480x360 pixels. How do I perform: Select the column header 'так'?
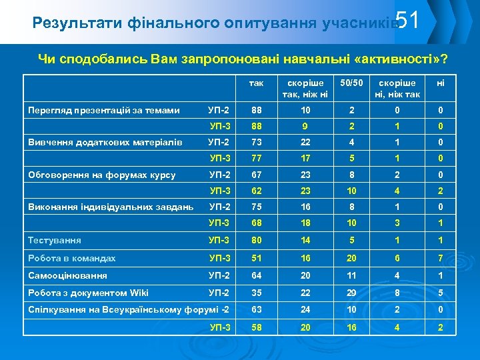coord(256,83)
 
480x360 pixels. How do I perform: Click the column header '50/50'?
coord(351,83)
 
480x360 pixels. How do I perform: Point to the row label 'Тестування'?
coord(55,240)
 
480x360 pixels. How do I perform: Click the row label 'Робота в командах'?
coord(71,258)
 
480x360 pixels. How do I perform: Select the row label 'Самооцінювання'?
coord(67,275)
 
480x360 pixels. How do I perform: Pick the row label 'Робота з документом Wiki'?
coord(88,293)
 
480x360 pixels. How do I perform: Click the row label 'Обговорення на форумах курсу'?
coord(101,175)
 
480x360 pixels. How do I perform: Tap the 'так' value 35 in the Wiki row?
coord(256,293)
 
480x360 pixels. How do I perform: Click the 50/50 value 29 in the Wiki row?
coord(351,293)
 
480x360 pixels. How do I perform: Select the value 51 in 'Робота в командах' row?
coord(256,258)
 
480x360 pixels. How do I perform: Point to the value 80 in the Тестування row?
coord(256,240)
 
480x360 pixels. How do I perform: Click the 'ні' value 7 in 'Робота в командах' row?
coord(440,258)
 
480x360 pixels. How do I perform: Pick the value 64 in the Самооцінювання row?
coord(256,275)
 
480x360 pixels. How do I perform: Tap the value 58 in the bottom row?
coord(256,327)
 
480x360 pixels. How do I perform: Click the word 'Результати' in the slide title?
coord(69,24)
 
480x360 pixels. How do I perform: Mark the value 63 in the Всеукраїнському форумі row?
coord(256,310)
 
